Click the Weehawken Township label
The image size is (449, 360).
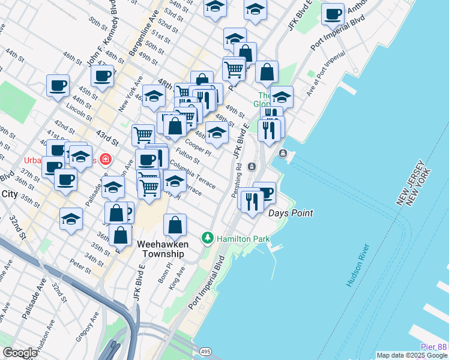[x=163, y=249]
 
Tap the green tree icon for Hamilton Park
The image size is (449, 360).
[x=208, y=238]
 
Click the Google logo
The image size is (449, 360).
[x=20, y=353]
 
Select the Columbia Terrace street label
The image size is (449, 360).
[x=192, y=175]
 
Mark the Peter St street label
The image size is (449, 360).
[x=79, y=263]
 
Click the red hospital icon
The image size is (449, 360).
[x=106, y=159]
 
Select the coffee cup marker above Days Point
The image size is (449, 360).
[x=265, y=193]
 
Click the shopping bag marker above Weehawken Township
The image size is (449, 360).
[x=175, y=226]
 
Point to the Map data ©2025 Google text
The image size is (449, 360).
[x=411, y=355]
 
